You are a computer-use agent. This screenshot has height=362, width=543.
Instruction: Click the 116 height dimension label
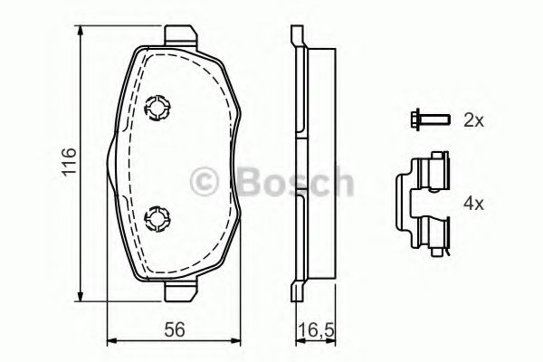tap(69, 162)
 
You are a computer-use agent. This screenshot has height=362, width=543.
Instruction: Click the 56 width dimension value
tap(175, 329)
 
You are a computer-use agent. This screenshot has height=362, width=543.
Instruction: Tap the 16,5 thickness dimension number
tap(316, 331)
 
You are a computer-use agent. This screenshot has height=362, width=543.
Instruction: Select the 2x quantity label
tap(473, 120)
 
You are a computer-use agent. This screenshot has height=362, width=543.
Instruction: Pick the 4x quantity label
tap(473, 204)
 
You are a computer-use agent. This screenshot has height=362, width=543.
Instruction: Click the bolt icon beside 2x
tap(429, 120)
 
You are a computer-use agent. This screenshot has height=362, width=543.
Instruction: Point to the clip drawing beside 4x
tap(423, 204)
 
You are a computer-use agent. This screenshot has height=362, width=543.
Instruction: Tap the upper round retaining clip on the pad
tap(157, 108)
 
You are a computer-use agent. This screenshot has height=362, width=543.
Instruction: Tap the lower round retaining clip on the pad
tap(157, 219)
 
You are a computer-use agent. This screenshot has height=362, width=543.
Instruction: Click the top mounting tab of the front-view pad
tap(181, 35)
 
